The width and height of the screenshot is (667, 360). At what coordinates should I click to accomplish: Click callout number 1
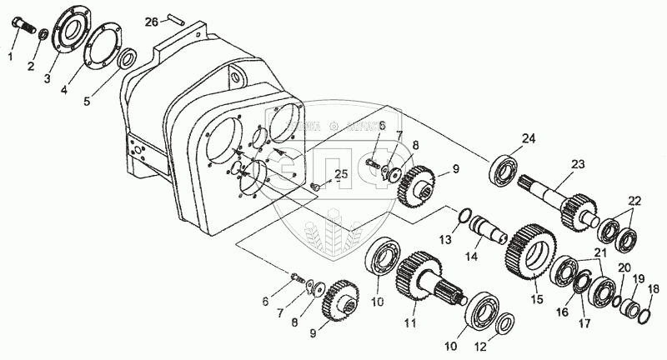pos(10,56)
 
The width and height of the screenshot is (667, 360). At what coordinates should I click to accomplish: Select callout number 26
pos(152,21)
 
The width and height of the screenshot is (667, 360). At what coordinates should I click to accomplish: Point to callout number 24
pos(527,138)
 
